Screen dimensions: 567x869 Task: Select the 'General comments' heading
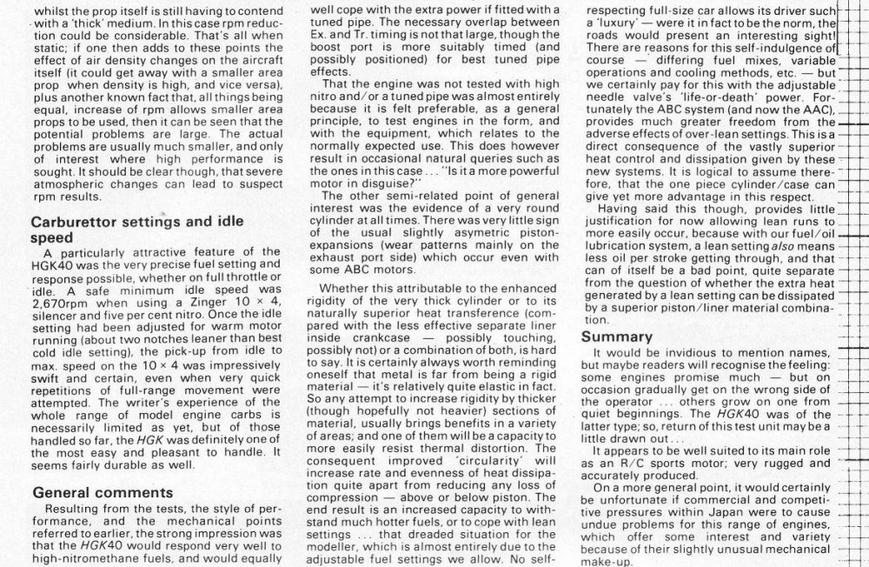[x=103, y=493]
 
